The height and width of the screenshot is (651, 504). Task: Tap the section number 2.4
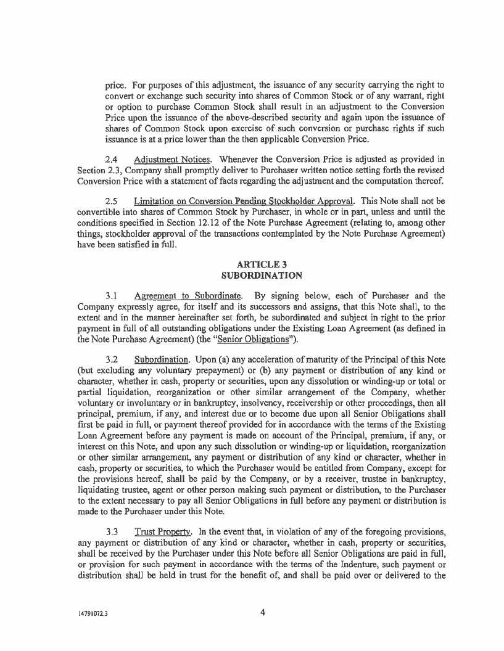pyautogui.click(x=111, y=160)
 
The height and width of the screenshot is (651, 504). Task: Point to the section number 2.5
pyautogui.click(x=111, y=201)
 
